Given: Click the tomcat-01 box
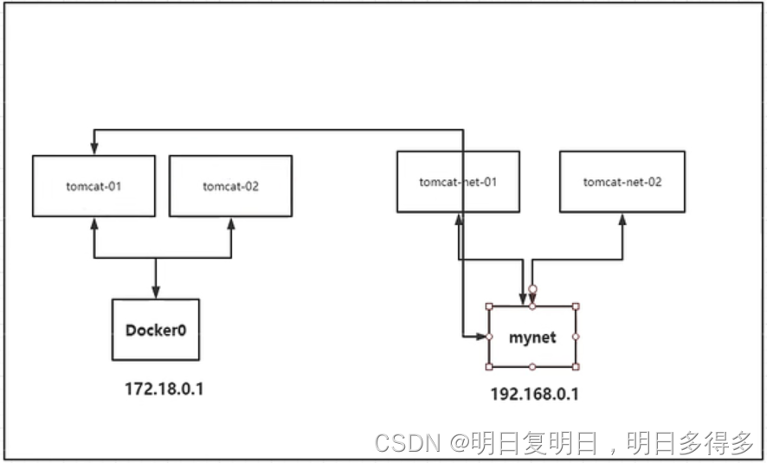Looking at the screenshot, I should pyautogui.click(x=93, y=185).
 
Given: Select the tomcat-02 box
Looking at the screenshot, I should pyautogui.click(x=230, y=185).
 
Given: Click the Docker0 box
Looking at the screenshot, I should pyautogui.click(x=155, y=329).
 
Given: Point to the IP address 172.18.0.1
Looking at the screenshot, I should pyautogui.click(x=164, y=389).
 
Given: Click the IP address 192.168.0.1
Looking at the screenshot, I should pyautogui.click(x=534, y=395).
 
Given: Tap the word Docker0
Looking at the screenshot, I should pyautogui.click(x=155, y=330).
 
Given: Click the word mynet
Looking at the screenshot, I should pyautogui.click(x=532, y=337).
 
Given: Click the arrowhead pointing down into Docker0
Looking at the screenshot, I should pyautogui.click(x=155, y=293).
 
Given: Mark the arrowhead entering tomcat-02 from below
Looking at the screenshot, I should pyautogui.click(x=231, y=222).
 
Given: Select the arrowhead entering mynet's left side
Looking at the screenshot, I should pyautogui.click(x=482, y=336).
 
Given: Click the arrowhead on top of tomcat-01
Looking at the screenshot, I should pyautogui.click(x=93, y=151).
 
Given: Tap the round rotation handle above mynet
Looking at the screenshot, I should pyautogui.click(x=532, y=290).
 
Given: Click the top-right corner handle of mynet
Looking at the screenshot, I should pyautogui.click(x=575, y=306).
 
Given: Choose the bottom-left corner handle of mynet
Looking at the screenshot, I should pyautogui.click(x=489, y=366).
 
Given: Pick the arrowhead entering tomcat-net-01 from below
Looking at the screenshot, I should pyautogui.click(x=458, y=218).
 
